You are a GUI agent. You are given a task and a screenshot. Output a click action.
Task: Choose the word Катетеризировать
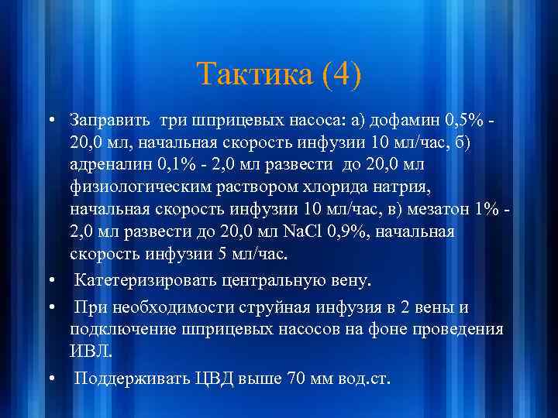[145, 278]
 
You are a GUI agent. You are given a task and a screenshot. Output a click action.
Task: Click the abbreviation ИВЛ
[90, 352]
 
